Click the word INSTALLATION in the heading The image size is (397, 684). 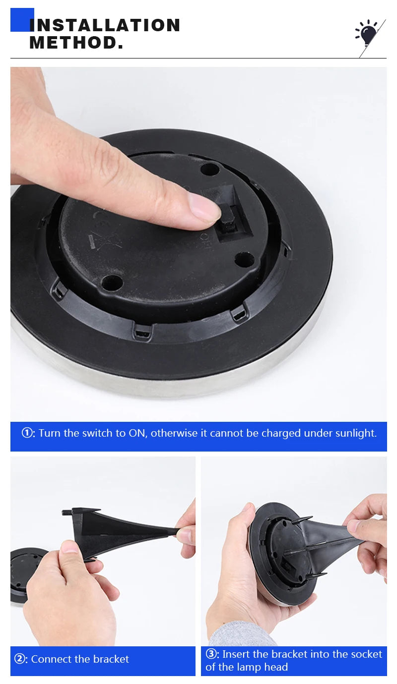tap(105, 25)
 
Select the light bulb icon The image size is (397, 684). tap(368, 35)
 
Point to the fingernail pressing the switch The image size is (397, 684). tap(204, 207)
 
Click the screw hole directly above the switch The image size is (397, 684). tap(210, 169)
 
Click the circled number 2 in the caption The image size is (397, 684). tap(20, 659)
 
